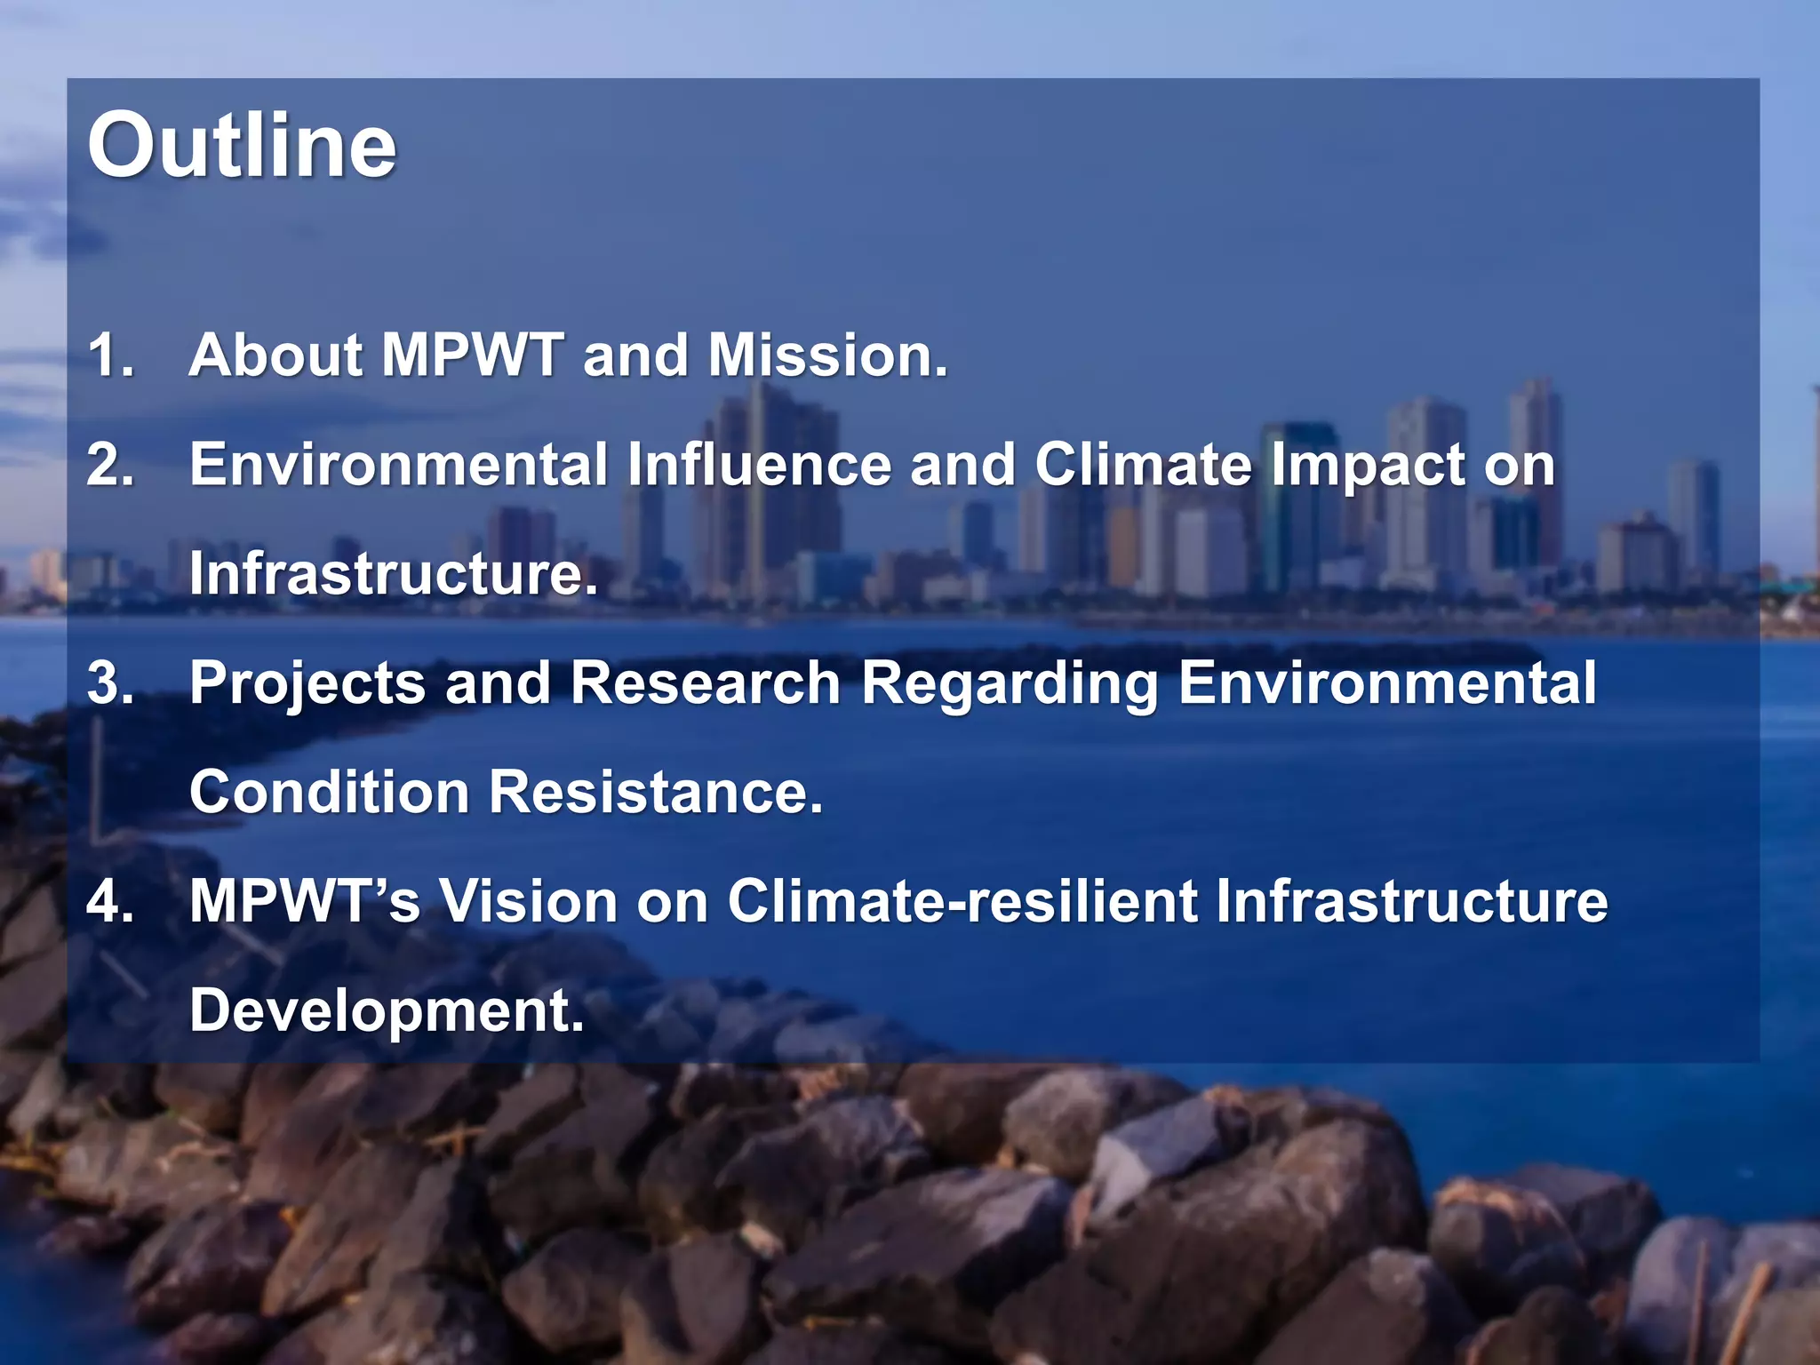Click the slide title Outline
click(x=242, y=145)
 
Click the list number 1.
click(x=110, y=355)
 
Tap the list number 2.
click(x=110, y=465)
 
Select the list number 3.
click(x=110, y=683)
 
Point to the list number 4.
click(x=110, y=901)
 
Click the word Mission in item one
click(x=827, y=355)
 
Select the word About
click(x=276, y=355)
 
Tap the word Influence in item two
click(x=759, y=465)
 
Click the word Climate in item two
click(x=1143, y=465)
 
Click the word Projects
click(x=307, y=684)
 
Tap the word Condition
click(x=329, y=792)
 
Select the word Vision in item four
click(x=529, y=901)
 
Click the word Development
click(x=387, y=1012)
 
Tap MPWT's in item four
click(x=304, y=901)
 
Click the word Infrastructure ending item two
click(x=393, y=574)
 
